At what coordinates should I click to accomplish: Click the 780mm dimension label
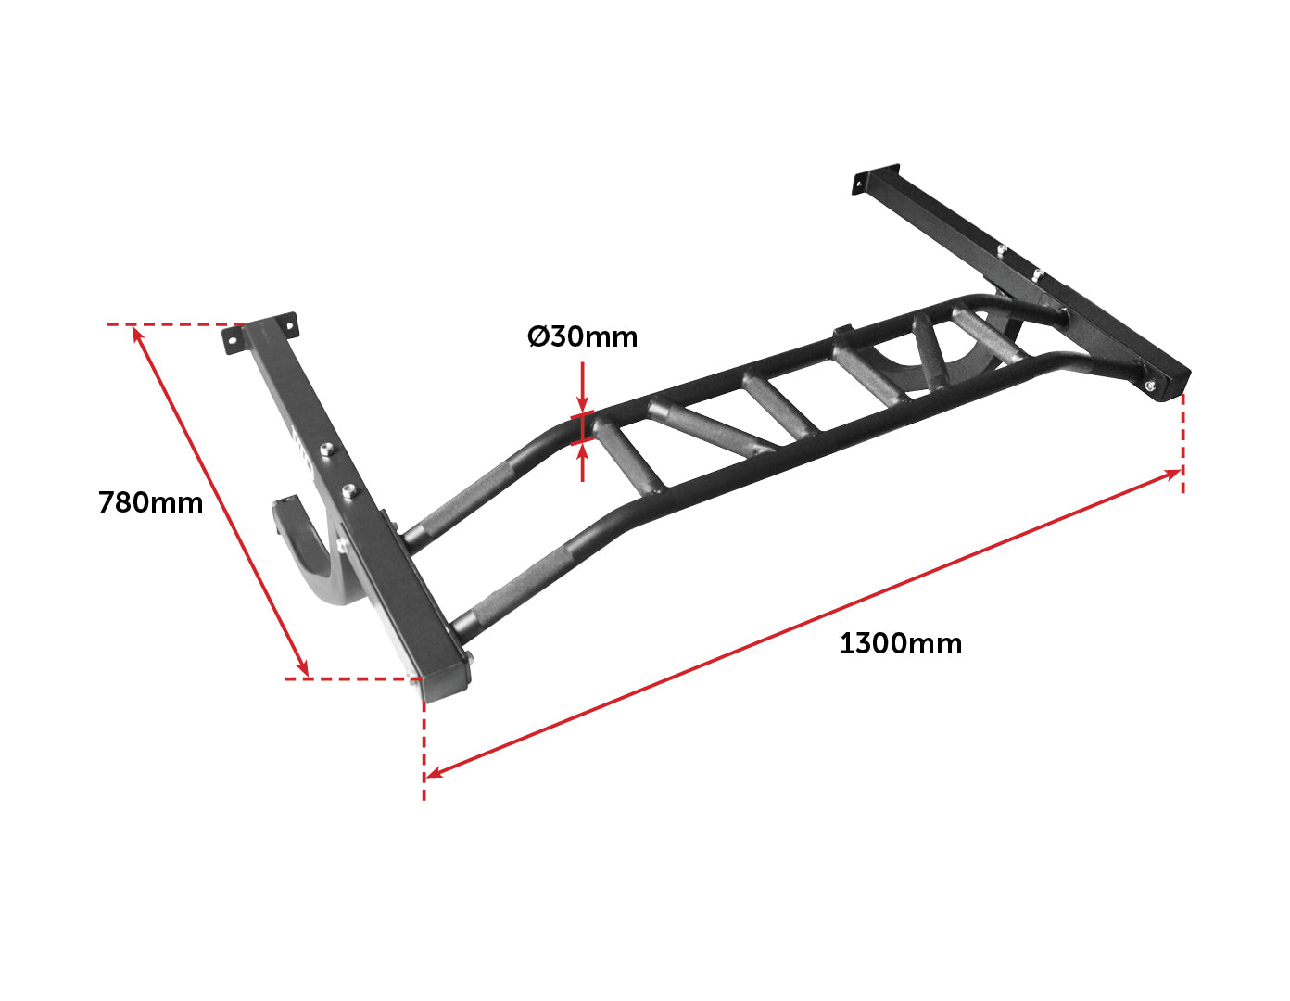(x=151, y=502)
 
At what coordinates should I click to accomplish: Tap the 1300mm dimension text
(x=901, y=643)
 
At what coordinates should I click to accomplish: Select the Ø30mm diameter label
(x=582, y=336)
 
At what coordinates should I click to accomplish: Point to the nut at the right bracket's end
(x=1150, y=386)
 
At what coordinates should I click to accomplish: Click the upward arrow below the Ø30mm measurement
(x=582, y=462)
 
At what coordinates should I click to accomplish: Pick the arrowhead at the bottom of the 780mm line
(x=303, y=667)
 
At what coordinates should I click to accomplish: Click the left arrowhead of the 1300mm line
(x=435, y=773)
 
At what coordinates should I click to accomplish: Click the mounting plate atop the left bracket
(x=259, y=333)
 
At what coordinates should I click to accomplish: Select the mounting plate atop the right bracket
(x=877, y=179)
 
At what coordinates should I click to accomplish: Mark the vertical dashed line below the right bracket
(x=1183, y=443)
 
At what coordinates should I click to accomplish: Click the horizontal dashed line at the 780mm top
(x=176, y=324)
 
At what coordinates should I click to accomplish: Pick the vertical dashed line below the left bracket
(x=424, y=751)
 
